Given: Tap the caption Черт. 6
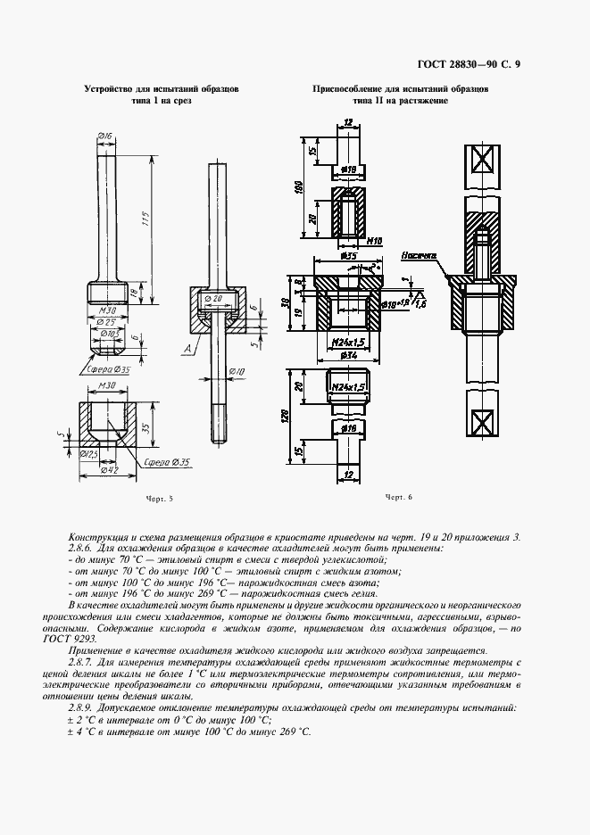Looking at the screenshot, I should click(399, 497).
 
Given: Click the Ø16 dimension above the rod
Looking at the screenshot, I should click(104, 136).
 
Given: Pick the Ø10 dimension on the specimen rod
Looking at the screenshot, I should click(238, 370).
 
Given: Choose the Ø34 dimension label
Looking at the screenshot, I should click(348, 356).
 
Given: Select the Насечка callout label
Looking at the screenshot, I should click(417, 254).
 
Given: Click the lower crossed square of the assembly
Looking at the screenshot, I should click(483, 417).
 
